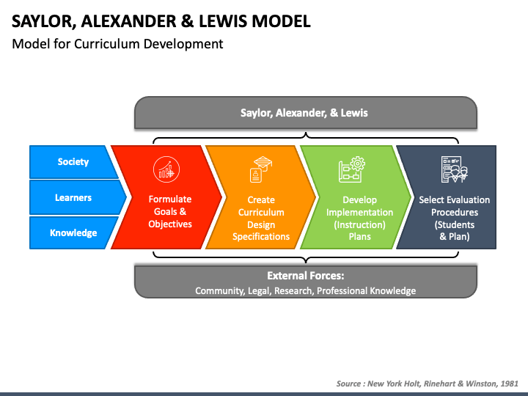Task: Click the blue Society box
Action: tap(73, 162)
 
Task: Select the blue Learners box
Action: tap(73, 197)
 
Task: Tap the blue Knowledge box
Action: tap(73, 232)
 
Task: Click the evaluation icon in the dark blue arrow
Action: tap(454, 169)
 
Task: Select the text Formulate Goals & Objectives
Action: tap(170, 211)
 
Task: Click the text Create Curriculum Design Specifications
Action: tap(261, 218)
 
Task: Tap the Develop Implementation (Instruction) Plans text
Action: tap(359, 218)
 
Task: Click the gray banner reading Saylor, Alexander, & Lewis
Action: tap(304, 113)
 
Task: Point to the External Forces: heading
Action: tap(305, 276)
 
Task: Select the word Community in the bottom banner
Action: tap(217, 291)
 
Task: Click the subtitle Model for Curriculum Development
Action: tap(117, 44)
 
